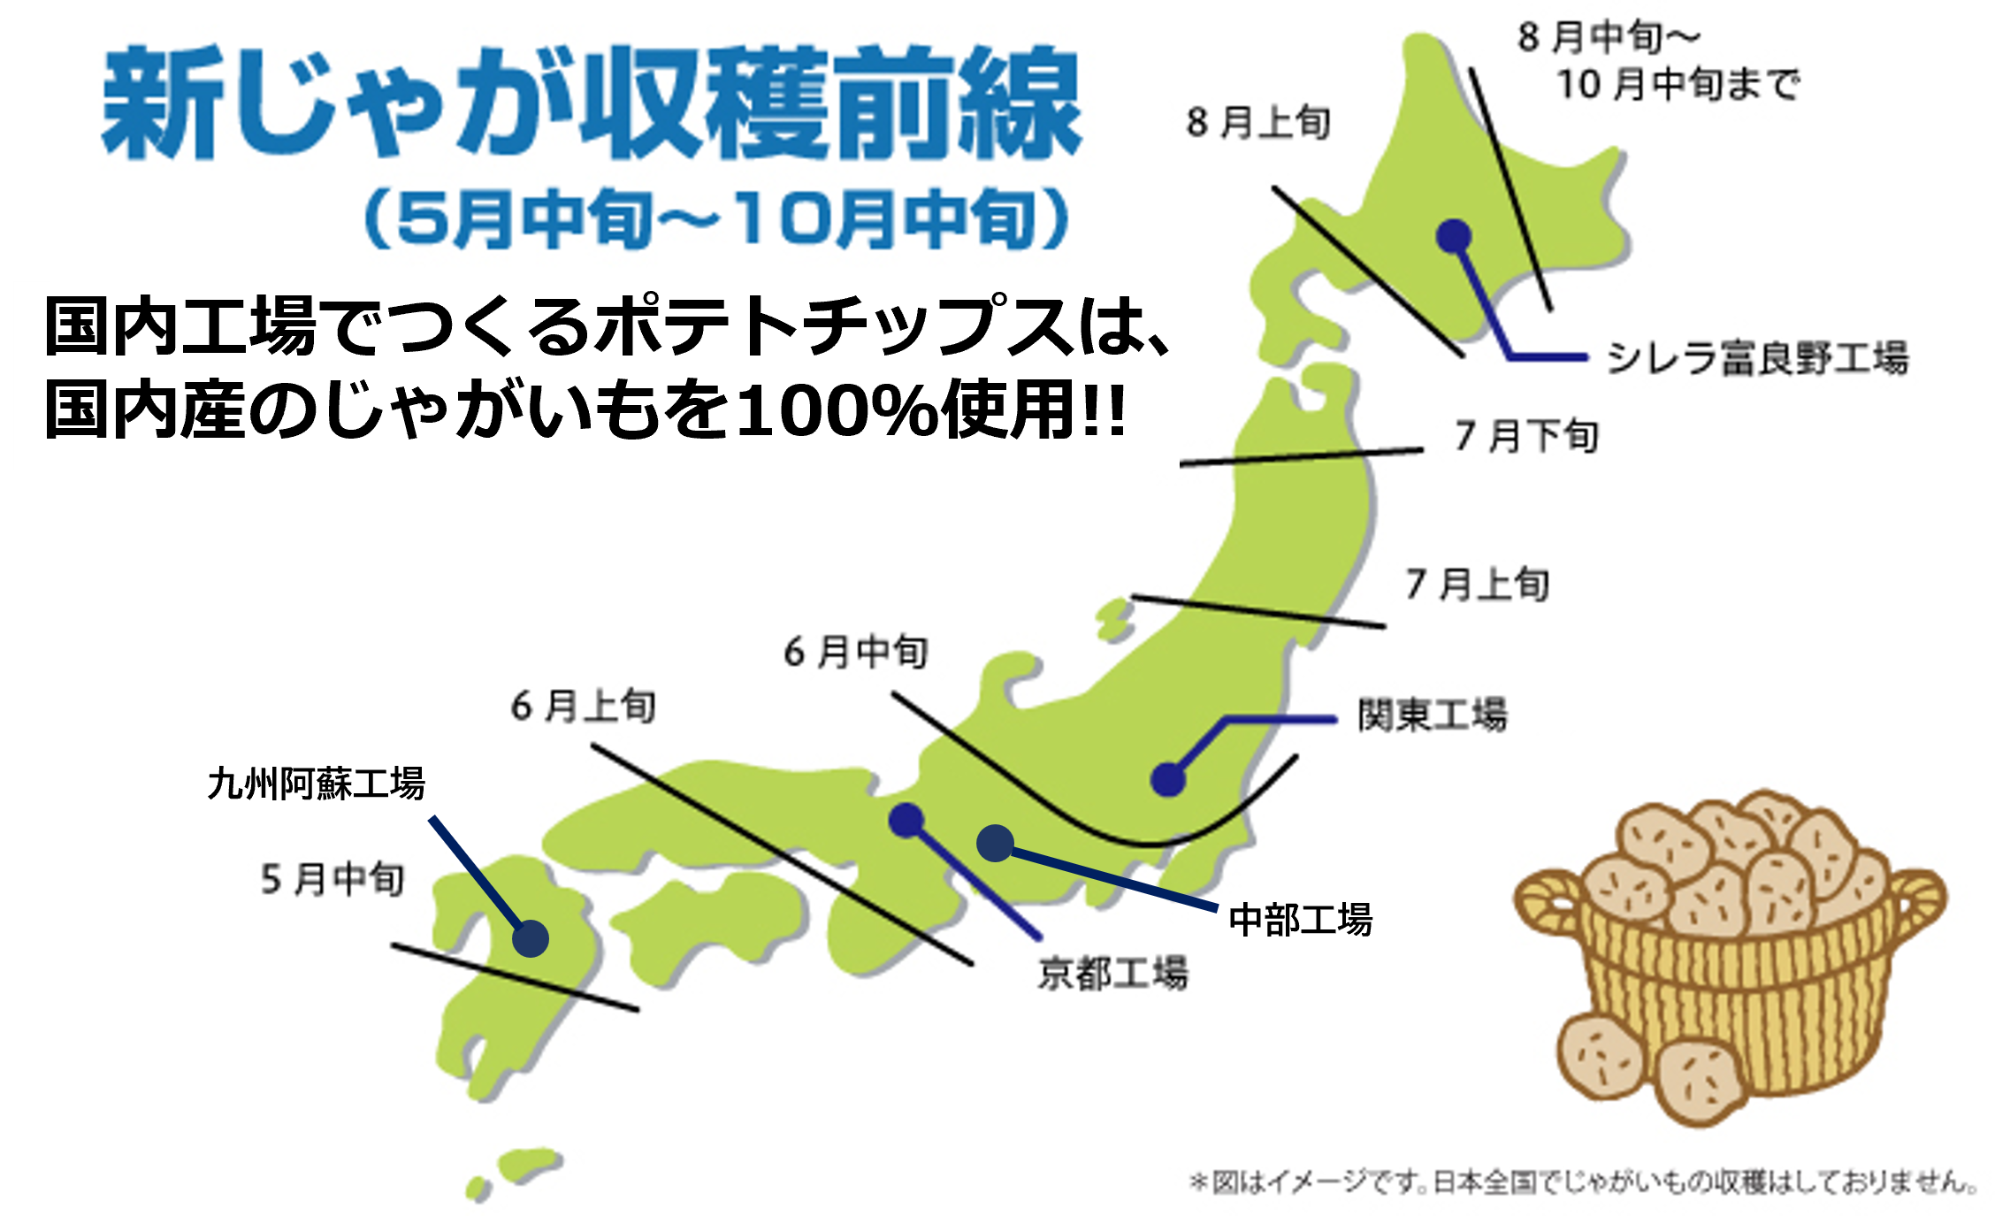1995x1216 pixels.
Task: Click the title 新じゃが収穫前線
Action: coord(591,103)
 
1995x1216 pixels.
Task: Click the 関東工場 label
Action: coord(1433,715)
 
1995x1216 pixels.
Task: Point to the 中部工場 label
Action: coord(1300,920)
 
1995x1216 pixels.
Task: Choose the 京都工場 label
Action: coord(1112,973)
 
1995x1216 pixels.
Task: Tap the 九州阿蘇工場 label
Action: coord(316,784)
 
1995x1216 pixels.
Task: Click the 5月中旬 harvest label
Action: coord(332,879)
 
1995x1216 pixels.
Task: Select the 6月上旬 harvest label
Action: coord(583,706)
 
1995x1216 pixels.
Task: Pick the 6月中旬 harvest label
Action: coord(855,652)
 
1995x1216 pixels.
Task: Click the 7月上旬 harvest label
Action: coord(1477,584)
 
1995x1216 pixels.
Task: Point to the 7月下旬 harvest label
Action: coord(1526,436)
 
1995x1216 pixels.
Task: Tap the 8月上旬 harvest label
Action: coord(1257,122)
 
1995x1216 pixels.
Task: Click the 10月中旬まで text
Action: coord(1678,85)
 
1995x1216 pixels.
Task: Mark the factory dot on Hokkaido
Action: coord(1454,236)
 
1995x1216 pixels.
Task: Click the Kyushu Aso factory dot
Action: coord(530,938)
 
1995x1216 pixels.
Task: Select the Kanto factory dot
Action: coord(1168,779)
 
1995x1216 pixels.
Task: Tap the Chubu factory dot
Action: coord(995,843)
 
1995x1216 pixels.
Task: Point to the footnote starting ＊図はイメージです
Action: coord(1583,1182)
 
